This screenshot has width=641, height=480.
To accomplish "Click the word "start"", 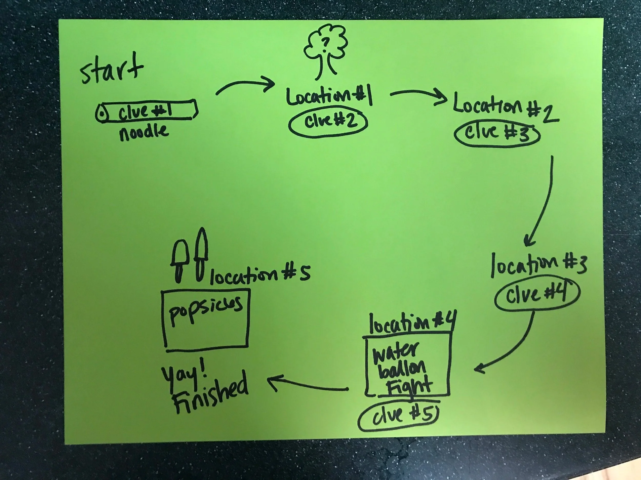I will click(112, 69).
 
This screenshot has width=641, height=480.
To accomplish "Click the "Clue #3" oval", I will click(497, 134).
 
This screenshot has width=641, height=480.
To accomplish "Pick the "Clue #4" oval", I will click(537, 295).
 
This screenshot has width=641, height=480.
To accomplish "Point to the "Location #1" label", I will click(329, 97).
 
